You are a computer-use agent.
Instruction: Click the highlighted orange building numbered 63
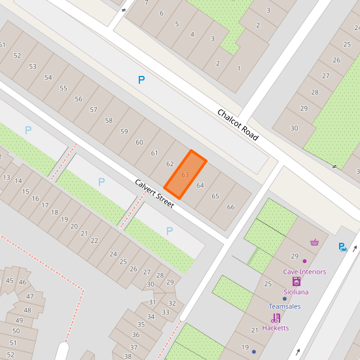click(x=185, y=175)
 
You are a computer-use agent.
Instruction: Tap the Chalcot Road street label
click(x=238, y=125)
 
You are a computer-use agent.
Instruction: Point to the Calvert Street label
click(x=154, y=194)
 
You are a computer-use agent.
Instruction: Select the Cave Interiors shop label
click(x=304, y=272)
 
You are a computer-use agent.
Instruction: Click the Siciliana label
click(x=296, y=292)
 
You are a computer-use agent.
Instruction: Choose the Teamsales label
click(x=285, y=306)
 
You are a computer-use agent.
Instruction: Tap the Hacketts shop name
click(x=276, y=327)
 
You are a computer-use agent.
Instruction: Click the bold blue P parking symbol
click(x=141, y=80)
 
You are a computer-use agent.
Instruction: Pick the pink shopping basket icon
click(x=315, y=242)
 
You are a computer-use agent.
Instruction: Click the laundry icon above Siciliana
click(x=296, y=281)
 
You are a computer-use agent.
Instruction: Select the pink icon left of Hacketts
click(x=276, y=317)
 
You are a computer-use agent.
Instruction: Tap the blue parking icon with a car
click(x=342, y=247)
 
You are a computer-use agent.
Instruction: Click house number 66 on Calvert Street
click(x=230, y=207)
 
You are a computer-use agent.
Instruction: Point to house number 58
click(x=109, y=120)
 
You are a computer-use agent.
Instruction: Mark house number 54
click(x=48, y=77)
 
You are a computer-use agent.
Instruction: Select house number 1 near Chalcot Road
click(x=239, y=68)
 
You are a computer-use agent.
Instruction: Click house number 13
click(x=7, y=177)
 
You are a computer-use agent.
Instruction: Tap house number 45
click(x=9, y=280)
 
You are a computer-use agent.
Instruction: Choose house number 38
click(x=128, y=356)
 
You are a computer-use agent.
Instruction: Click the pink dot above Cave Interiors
click(x=304, y=261)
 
